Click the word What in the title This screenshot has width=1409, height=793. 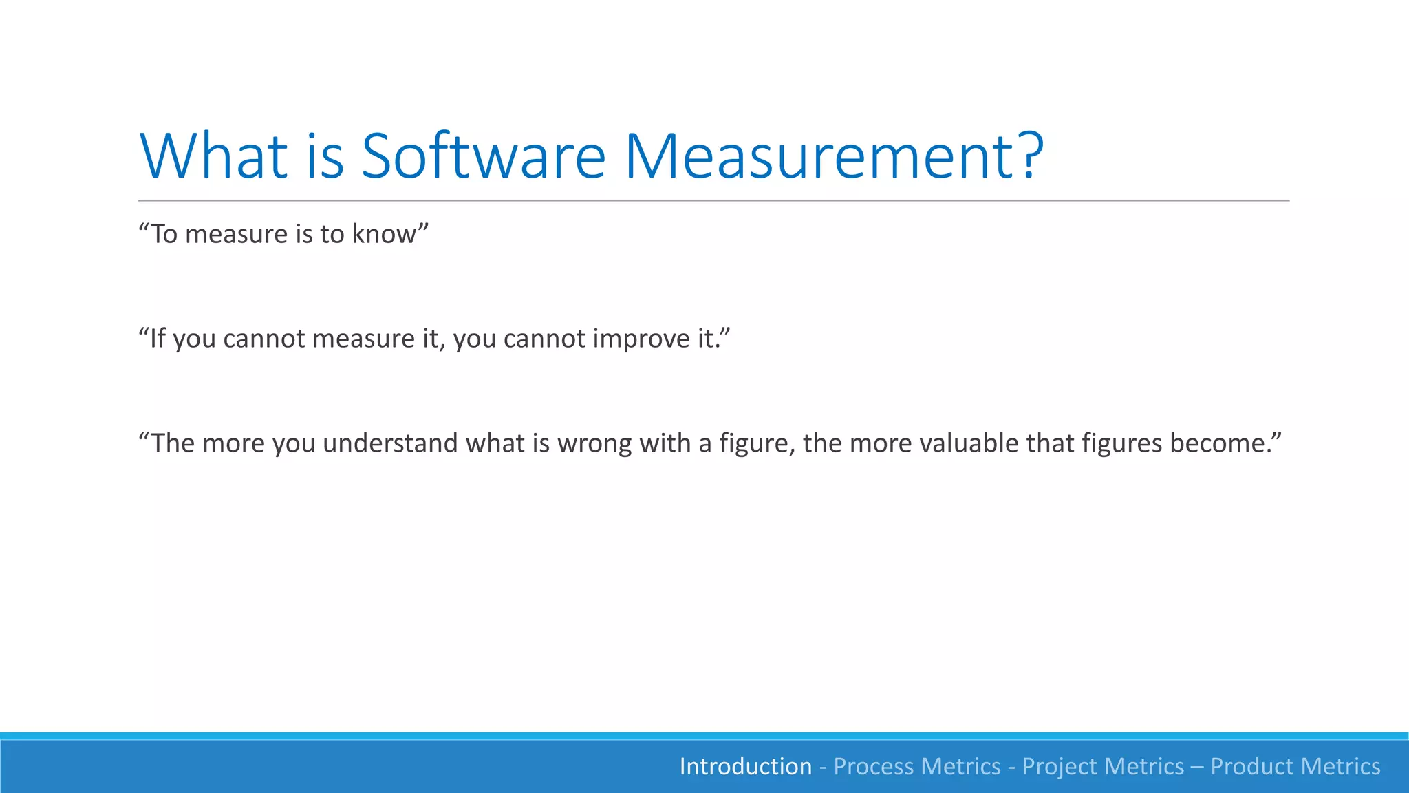click(213, 156)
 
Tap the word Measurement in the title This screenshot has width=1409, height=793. click(812, 156)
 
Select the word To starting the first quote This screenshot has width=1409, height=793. click(164, 234)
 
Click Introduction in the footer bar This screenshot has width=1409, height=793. click(745, 767)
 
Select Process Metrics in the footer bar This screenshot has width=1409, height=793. click(917, 767)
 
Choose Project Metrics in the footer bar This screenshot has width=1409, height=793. click(1103, 767)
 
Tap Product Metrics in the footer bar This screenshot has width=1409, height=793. click(1295, 767)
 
